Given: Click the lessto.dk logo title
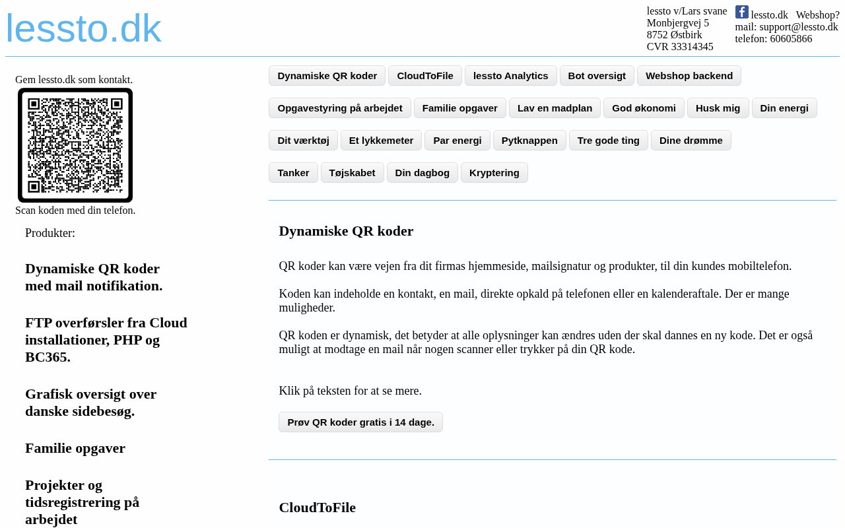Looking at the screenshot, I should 83,28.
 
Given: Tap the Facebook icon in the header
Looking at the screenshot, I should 742,12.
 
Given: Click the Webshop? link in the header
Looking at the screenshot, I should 817,15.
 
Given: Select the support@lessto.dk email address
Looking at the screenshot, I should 798,27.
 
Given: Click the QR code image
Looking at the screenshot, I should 75,145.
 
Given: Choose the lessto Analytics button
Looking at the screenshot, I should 510,76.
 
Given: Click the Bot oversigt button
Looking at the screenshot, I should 597,76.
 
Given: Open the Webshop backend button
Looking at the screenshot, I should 689,76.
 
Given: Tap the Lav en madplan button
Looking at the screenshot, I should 555,108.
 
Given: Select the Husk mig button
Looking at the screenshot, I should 718,108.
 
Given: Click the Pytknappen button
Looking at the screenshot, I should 529,141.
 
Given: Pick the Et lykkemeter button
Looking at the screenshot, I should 381,141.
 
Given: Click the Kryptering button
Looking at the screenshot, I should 494,173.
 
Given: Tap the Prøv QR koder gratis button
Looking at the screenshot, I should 360,422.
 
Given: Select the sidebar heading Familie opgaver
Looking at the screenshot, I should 75,448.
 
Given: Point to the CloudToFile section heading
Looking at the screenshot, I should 317,508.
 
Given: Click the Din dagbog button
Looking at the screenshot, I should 422,173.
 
